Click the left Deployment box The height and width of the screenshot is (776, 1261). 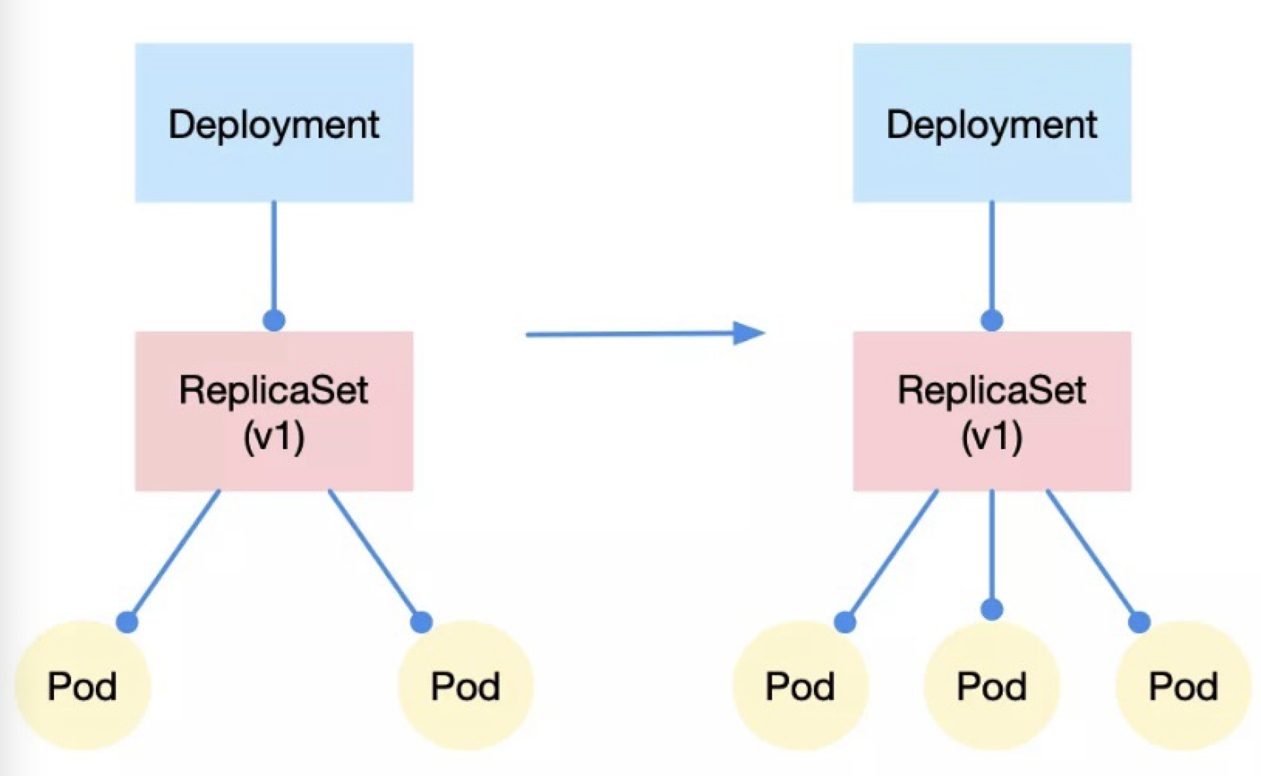click(x=274, y=123)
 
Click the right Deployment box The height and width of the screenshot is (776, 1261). click(x=992, y=123)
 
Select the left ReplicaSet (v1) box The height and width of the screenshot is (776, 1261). click(x=274, y=411)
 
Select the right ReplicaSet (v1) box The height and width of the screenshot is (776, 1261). click(x=992, y=411)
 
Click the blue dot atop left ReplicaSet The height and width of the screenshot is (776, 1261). click(x=274, y=321)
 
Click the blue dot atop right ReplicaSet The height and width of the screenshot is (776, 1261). click(x=992, y=321)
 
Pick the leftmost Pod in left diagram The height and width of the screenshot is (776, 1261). click(x=83, y=686)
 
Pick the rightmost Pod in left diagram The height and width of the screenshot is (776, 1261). click(x=465, y=686)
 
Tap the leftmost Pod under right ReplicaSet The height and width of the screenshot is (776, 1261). click(x=800, y=686)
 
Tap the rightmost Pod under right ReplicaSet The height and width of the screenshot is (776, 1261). click(x=1183, y=686)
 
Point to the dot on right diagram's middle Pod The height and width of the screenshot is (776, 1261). click(x=992, y=609)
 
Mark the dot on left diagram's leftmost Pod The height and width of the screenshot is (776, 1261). click(x=127, y=622)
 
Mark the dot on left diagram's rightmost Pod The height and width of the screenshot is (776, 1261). click(x=421, y=622)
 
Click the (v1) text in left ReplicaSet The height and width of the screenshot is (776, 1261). click(x=274, y=437)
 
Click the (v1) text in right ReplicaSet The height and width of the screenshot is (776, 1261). click(x=992, y=437)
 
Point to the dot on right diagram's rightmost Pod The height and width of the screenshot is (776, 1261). click(x=1139, y=622)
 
